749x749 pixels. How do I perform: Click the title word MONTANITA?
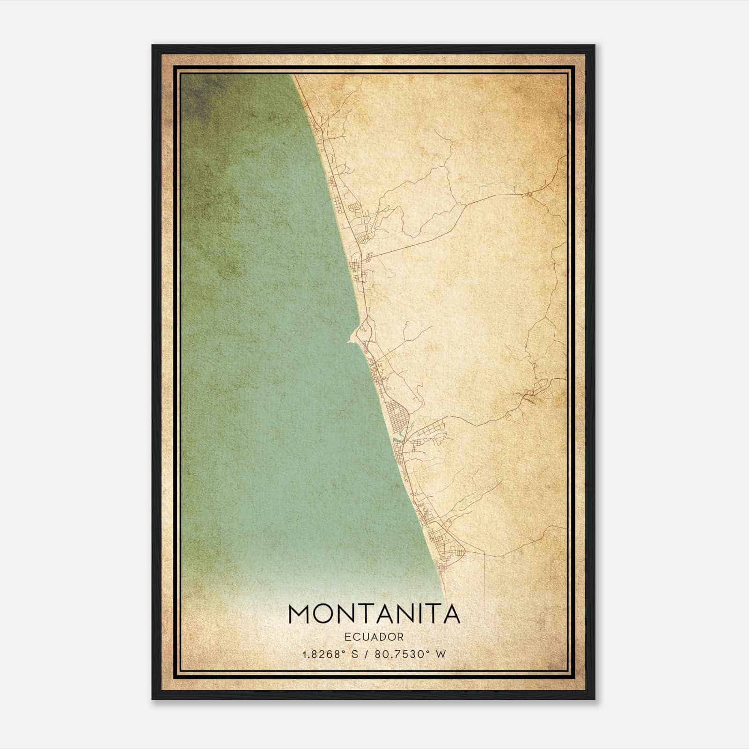coord(374,614)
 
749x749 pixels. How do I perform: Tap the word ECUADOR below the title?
coord(374,637)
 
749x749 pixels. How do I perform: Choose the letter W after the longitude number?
coord(441,654)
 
